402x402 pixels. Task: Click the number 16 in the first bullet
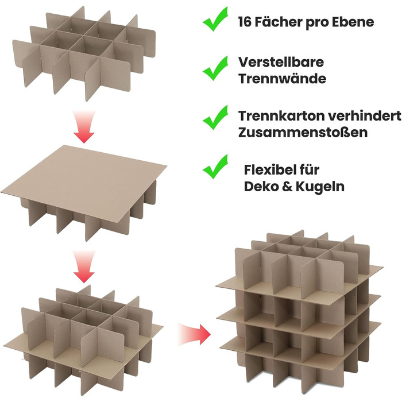coord(244,22)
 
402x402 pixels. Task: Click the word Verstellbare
coord(281,62)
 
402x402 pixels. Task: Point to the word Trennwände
coord(283,79)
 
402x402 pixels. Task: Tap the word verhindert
coord(365,116)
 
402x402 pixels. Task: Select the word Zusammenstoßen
coord(303,132)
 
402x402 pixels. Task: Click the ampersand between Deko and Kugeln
coord(287,187)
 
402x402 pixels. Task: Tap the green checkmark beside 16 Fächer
coord(215,19)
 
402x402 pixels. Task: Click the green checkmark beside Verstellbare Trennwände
coord(215,68)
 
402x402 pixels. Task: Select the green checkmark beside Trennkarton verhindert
coord(215,118)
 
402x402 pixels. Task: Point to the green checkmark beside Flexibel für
coord(215,167)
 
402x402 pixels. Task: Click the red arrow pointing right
coord(194,334)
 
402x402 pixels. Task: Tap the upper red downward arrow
coord(84,127)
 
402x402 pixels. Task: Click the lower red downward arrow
coord(84,266)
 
